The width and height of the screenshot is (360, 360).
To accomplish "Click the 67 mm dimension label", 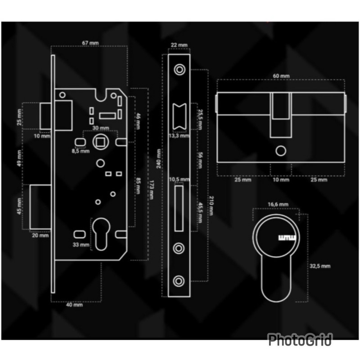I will (x=90, y=43).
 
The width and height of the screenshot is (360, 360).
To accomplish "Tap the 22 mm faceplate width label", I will (x=179, y=45).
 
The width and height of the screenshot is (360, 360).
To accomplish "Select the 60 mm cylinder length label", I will (x=281, y=76).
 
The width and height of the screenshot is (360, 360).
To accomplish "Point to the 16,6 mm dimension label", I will (x=278, y=204).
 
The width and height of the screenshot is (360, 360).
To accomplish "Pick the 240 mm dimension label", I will (x=157, y=158).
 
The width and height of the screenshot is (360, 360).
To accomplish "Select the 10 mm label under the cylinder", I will (x=281, y=180).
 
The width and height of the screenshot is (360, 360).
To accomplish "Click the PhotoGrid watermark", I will (x=300, y=339).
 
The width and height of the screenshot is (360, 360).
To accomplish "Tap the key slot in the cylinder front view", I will (x=286, y=237).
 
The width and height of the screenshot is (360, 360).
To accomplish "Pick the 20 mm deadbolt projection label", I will (x=40, y=235).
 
